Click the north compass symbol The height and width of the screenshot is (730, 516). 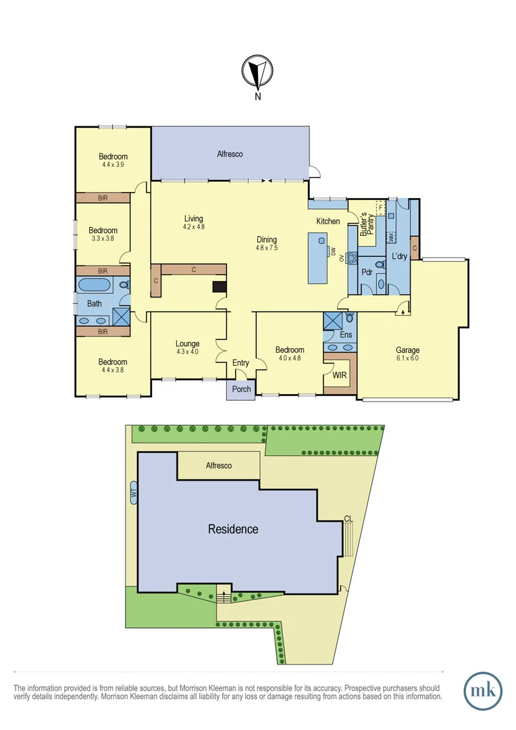[257, 70]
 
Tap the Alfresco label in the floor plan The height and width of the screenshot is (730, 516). [230, 154]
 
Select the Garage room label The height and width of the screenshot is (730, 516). [407, 350]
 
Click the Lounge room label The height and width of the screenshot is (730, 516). [188, 343]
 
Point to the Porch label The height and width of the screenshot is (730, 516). [241, 389]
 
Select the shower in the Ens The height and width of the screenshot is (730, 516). [332, 320]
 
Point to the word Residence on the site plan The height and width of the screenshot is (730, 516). [232, 529]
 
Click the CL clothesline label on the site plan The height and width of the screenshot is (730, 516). [348, 518]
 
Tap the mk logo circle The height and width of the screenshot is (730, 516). [483, 691]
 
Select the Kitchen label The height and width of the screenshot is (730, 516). [328, 222]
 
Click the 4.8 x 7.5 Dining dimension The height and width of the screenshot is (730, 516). [266, 248]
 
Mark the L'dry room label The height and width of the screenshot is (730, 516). [398, 258]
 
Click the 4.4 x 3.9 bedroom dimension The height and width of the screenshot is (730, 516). [113, 164]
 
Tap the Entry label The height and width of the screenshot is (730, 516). [240, 363]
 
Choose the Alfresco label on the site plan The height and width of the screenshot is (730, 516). [218, 466]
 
